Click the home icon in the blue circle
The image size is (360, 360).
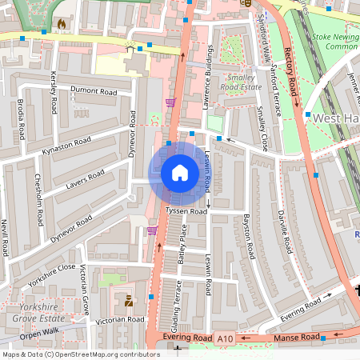[x=180, y=173]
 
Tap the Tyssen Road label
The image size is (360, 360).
[x=186, y=211]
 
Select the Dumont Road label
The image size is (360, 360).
[x=94, y=93]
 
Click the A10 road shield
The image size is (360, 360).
[x=226, y=339]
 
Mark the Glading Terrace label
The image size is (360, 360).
[x=175, y=304]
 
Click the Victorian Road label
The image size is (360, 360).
[x=119, y=319]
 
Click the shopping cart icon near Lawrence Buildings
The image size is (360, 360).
[x=170, y=102]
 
